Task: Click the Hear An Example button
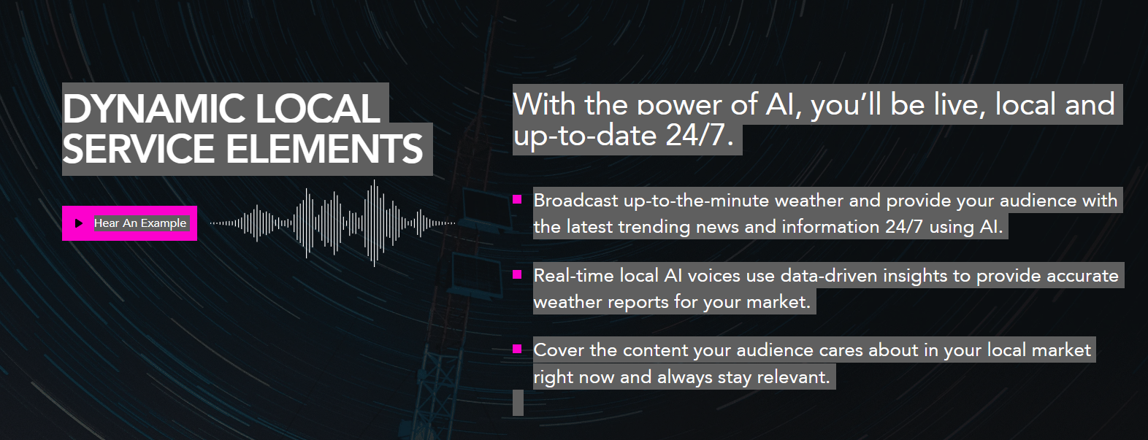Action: point(130,223)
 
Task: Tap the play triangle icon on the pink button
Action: point(79,223)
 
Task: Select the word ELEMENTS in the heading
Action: point(324,149)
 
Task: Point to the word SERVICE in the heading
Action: point(138,149)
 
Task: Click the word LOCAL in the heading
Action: point(318,109)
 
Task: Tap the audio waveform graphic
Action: point(332,223)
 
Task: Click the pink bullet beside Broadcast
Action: point(517,199)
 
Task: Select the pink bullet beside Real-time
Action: point(517,274)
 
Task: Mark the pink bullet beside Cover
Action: point(517,350)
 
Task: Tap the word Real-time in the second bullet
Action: point(574,276)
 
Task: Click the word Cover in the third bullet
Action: point(559,350)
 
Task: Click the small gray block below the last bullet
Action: point(518,403)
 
